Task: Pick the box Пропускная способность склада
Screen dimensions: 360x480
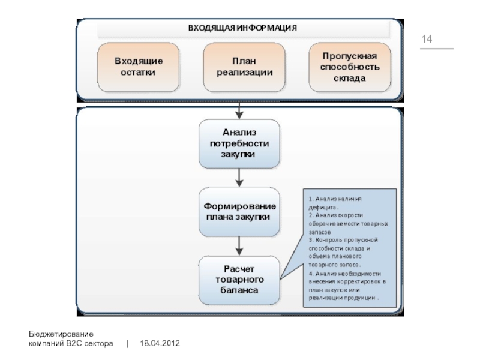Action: point(349,67)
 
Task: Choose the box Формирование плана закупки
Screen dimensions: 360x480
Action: point(239,212)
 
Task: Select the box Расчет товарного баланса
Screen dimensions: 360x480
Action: point(239,280)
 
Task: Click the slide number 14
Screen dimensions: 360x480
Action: point(427,40)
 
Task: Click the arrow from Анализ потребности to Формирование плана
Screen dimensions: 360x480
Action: point(239,177)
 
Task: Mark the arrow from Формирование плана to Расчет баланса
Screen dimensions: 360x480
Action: point(239,245)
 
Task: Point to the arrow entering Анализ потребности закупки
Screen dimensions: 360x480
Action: point(239,110)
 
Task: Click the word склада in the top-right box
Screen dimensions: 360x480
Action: point(349,79)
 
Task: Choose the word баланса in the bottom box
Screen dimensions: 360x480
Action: point(239,290)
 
